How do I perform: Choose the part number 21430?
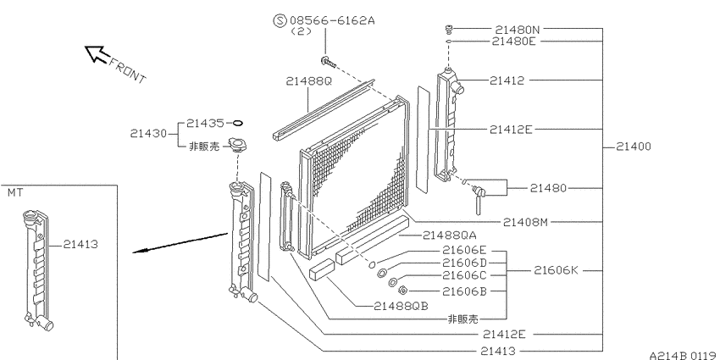(x=151, y=133)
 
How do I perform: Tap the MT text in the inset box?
(x=15, y=193)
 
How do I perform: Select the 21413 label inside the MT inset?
(x=80, y=244)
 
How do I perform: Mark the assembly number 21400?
(x=629, y=147)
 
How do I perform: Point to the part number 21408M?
(x=526, y=222)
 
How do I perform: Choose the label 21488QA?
(x=450, y=235)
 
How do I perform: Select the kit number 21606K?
(x=557, y=271)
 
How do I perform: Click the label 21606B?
(x=464, y=291)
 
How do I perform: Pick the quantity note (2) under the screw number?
(x=302, y=31)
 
